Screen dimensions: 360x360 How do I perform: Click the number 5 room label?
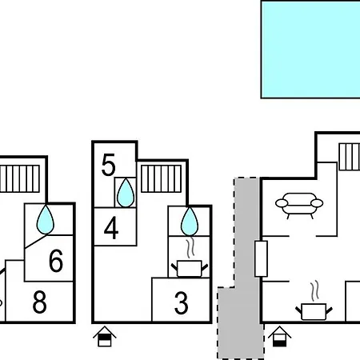109,165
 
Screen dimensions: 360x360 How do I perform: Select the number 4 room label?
111,228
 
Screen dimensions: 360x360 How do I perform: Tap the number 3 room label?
182,302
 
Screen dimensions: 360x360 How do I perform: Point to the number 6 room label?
56,261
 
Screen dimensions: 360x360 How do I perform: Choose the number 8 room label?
39,302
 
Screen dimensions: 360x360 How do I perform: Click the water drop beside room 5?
126,194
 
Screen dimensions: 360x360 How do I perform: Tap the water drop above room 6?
46,220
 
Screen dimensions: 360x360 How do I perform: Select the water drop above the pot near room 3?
190,222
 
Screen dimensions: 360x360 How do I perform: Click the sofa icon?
299,206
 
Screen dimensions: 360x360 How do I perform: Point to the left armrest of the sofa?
282,203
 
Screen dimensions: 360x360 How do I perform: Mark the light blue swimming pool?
310,50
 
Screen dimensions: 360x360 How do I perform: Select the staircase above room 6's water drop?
20,178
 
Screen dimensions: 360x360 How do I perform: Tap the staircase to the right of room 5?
161,178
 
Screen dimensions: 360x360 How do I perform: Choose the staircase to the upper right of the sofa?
350,157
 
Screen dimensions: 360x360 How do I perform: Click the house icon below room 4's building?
105,337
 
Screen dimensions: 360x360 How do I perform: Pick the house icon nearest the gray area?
279,337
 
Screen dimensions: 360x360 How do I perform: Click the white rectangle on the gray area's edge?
261,258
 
